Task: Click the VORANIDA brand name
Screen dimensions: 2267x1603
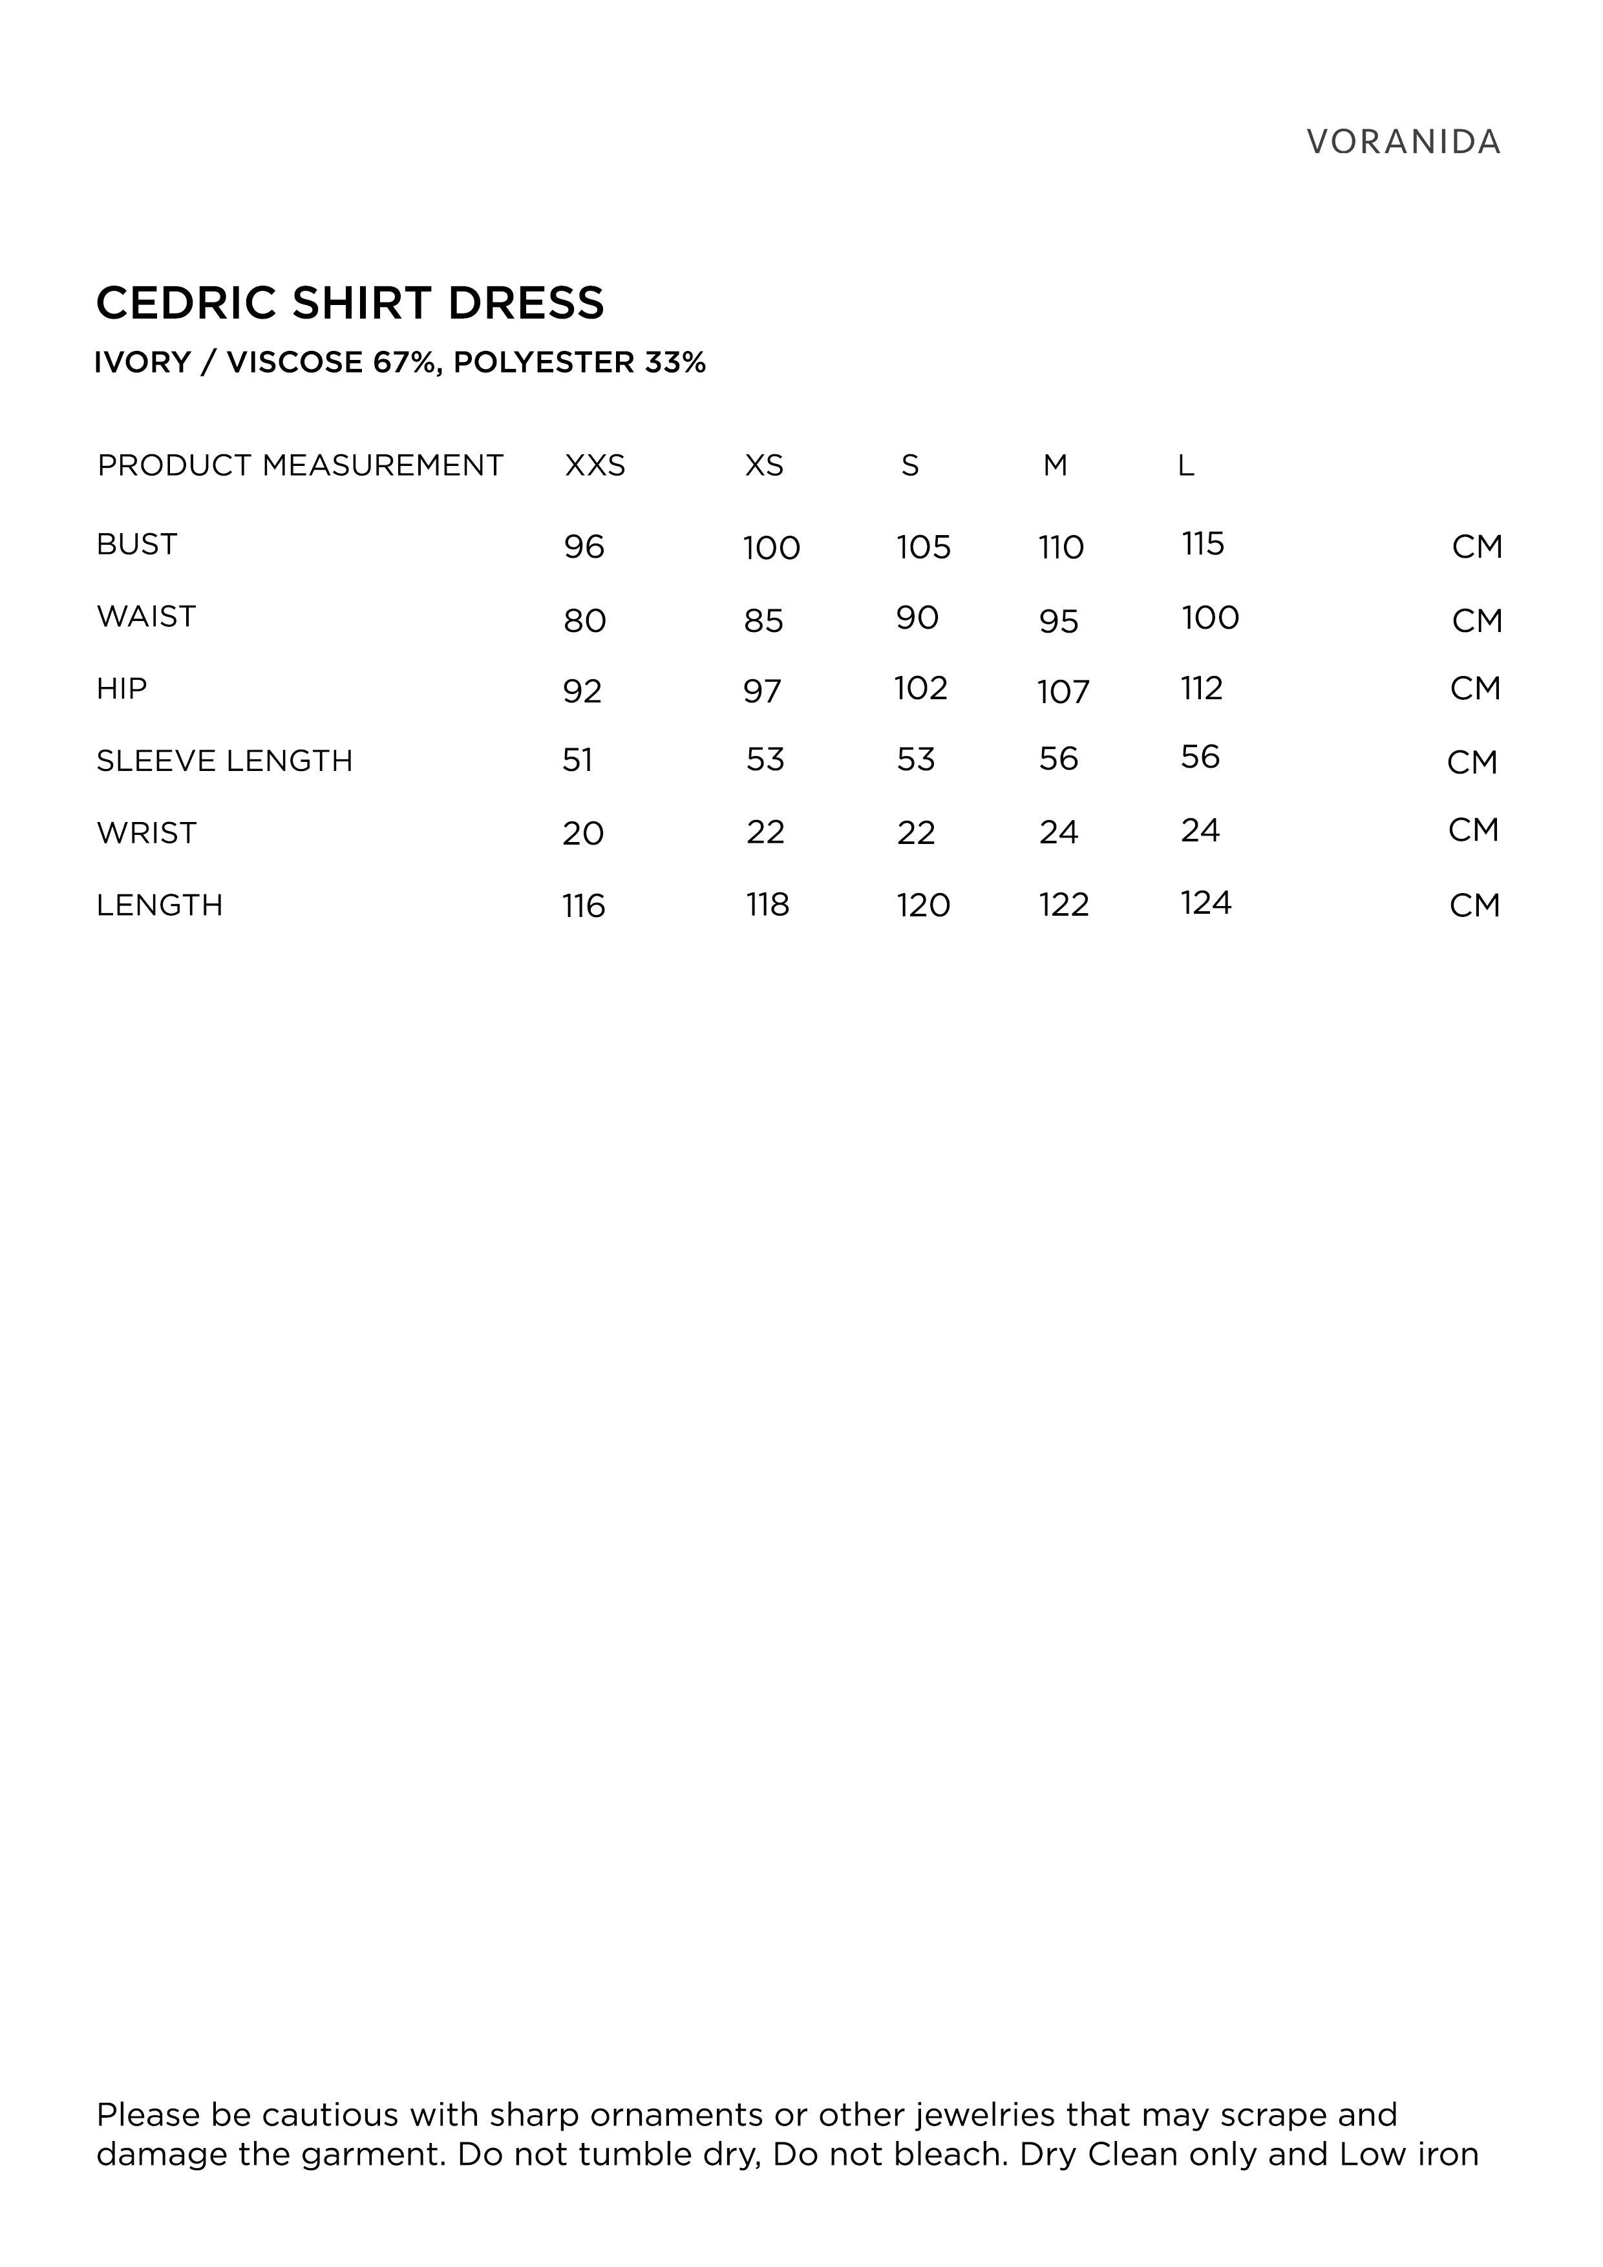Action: [x=1403, y=142]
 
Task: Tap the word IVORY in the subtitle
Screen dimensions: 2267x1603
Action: [x=142, y=363]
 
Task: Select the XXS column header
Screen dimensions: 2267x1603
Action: [x=595, y=465]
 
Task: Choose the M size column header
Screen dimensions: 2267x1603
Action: [x=1055, y=465]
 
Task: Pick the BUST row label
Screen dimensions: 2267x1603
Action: [x=136, y=544]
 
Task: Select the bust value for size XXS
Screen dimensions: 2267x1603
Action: [x=584, y=547]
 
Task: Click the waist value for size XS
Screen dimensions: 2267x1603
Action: [x=763, y=621]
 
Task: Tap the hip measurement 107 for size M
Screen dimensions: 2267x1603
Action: [x=1063, y=691]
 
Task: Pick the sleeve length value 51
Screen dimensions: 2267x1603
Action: [x=578, y=759]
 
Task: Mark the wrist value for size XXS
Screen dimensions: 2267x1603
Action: [x=583, y=834]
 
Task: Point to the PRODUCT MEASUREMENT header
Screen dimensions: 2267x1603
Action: [x=301, y=465]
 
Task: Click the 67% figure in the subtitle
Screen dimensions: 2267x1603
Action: [x=405, y=363]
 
